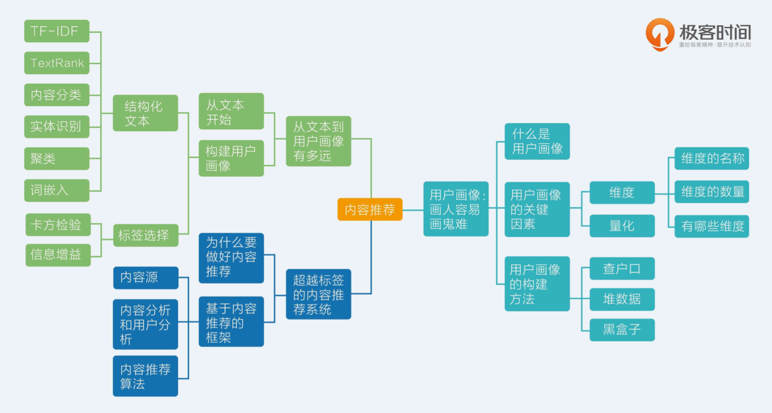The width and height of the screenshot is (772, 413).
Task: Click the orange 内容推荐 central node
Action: point(370,209)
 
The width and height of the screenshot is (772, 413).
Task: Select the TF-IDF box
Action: point(57,31)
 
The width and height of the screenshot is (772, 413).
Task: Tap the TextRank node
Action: point(57,63)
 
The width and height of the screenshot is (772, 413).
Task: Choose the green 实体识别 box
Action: point(57,127)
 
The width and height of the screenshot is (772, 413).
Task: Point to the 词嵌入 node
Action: point(57,190)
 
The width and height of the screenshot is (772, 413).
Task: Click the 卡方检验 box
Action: point(58,225)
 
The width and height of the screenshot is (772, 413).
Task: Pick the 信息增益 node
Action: point(58,255)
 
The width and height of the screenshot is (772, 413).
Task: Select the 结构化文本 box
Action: point(145,113)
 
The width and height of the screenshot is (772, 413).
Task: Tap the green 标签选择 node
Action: point(145,235)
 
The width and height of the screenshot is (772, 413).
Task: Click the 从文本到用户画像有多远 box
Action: point(318,141)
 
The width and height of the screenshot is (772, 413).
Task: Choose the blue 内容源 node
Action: point(145,278)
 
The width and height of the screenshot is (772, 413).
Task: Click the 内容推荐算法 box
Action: point(145,376)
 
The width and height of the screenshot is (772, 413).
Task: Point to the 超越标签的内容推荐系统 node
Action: point(318,294)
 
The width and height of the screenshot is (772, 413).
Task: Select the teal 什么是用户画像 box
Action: point(537,142)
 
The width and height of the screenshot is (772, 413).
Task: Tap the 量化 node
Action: point(622,226)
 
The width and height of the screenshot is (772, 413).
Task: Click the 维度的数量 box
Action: point(712,192)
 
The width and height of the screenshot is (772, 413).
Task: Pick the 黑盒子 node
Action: point(622,330)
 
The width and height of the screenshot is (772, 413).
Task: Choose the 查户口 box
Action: point(622,268)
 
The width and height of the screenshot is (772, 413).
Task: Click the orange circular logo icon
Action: point(660,34)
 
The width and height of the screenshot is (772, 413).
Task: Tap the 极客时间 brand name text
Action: point(715,32)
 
